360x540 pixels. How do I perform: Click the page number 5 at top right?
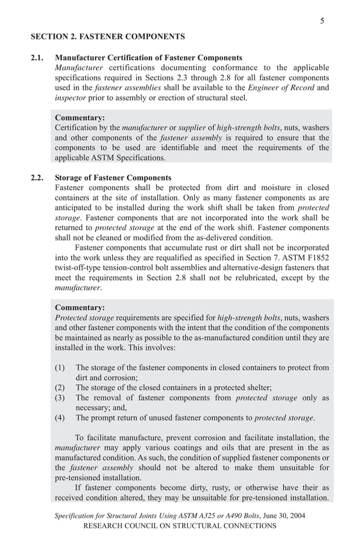click(322, 21)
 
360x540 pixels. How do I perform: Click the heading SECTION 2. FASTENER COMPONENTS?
click(107, 37)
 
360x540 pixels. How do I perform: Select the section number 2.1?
click(37, 58)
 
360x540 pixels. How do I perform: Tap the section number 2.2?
click(37, 178)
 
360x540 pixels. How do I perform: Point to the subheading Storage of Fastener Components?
click(113, 178)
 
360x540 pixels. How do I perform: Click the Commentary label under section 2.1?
click(80, 117)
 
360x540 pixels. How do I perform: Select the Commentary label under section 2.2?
click(80, 308)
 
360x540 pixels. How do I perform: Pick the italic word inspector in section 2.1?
click(71, 98)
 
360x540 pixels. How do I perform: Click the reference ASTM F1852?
click(309, 258)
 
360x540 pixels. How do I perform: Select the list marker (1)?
click(60, 367)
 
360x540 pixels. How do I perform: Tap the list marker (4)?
click(60, 418)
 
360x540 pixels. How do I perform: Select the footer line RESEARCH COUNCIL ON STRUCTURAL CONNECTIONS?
click(179, 526)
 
